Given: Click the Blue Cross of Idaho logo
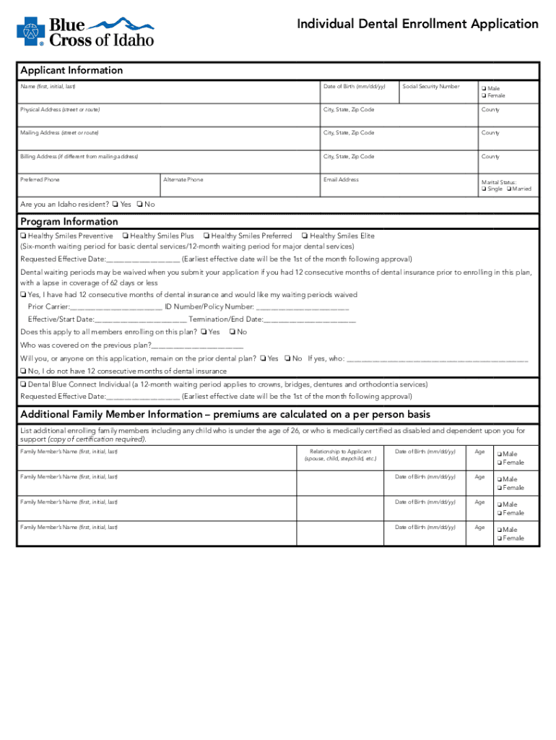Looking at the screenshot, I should pos(85,31).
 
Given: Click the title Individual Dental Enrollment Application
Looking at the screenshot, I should pos(417,24).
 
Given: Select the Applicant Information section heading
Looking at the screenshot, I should pos(71,70).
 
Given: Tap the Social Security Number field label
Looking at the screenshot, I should pos(430,87).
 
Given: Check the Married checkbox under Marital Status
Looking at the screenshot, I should pos(510,189).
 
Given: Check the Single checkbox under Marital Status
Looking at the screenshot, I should pos(485,189).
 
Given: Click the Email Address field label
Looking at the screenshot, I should pos(341,180).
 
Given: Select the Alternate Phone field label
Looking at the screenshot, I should pos(183,180).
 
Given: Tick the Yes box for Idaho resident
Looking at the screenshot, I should pos(116,205).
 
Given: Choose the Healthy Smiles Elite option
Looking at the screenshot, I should pos(305,236).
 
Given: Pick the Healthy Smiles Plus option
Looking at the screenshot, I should pos(126,236).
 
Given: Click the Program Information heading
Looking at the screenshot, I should pos(69,221).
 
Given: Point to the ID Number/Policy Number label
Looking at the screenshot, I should pos(209,307).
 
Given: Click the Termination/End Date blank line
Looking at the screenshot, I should pos(310,319).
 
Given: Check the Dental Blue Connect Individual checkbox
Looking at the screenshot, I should pos(24,384).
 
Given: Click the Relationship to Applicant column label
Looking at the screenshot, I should pos(340,455).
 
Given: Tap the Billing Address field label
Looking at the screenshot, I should pos(79,157).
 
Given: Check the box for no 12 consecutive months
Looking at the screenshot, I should pos(24,371).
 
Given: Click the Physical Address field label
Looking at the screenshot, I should pos(60,110).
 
